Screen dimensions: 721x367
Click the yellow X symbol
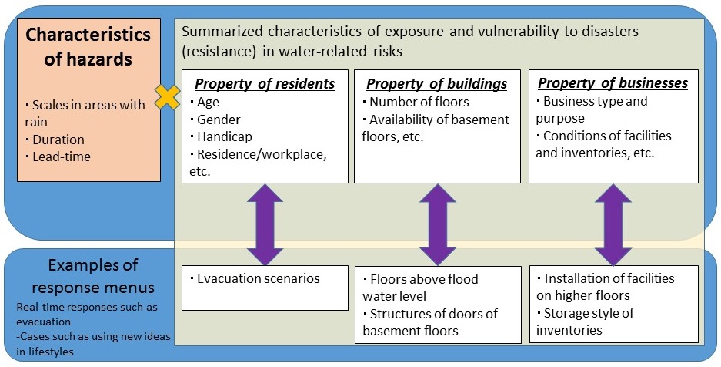pyautogui.click(x=168, y=97)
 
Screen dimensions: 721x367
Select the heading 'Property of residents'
pyautogui.click(x=265, y=84)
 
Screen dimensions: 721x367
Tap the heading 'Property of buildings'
pyautogui.click(x=436, y=84)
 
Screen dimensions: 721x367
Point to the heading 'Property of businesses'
pyautogui.click(x=613, y=83)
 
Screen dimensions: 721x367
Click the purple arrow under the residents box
pyautogui.click(x=265, y=224)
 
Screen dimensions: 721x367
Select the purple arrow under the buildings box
pyautogui.click(x=437, y=224)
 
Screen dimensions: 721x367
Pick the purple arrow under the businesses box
pyautogui.click(x=613, y=224)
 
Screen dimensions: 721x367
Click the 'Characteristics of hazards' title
pyautogui.click(x=88, y=46)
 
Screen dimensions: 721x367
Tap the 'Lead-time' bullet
pyautogui.click(x=58, y=157)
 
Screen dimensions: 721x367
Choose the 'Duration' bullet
pyautogui.click(x=55, y=140)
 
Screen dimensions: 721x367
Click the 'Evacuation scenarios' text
pyautogui.click(x=254, y=278)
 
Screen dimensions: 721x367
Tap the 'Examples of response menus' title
pyautogui.click(x=93, y=276)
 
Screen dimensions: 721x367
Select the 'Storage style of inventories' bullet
pyautogui.click(x=585, y=322)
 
